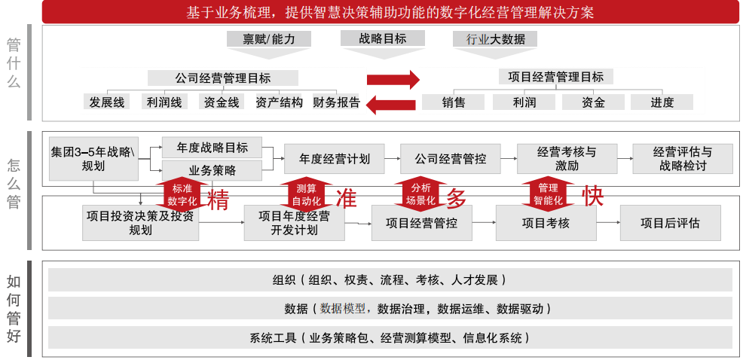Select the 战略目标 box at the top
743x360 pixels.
coord(382,38)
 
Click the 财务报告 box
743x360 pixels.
coord(336,102)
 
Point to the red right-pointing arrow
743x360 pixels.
coord(392,80)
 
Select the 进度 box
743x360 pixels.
coord(662,102)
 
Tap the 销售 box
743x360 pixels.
coord(454,102)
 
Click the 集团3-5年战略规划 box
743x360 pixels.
coord(93,159)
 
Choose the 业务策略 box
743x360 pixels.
coord(212,170)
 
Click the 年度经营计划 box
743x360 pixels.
coord(334,159)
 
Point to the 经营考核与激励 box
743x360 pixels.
coord(566,159)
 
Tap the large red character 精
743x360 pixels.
coord(218,199)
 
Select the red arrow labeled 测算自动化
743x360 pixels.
coord(306,194)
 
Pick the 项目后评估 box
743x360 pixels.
coord(670,223)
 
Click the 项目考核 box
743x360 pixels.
coord(546,223)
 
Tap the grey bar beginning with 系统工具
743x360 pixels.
coord(390,337)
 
